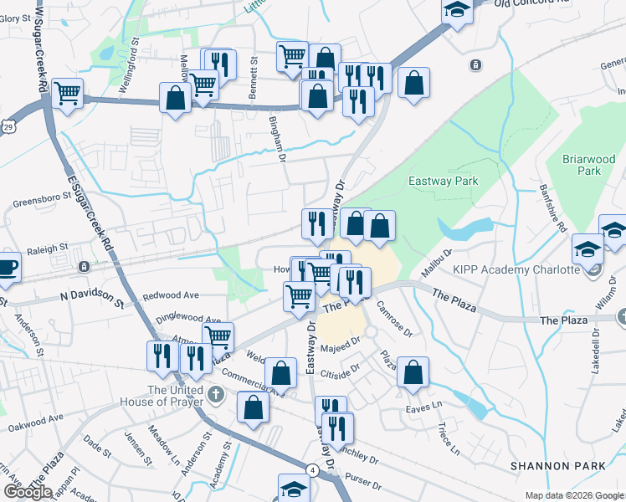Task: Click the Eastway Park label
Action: pyautogui.click(x=442, y=181)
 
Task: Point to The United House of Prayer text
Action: pyautogui.click(x=175, y=396)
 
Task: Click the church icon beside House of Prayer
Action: pyautogui.click(x=216, y=394)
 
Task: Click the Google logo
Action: pyautogui.click(x=28, y=491)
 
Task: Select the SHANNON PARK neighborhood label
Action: pyautogui.click(x=552, y=464)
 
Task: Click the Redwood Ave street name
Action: pyautogui.click(x=170, y=295)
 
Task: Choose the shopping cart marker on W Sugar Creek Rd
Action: pyautogui.click(x=67, y=94)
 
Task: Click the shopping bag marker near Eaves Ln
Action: pyautogui.click(x=413, y=373)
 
